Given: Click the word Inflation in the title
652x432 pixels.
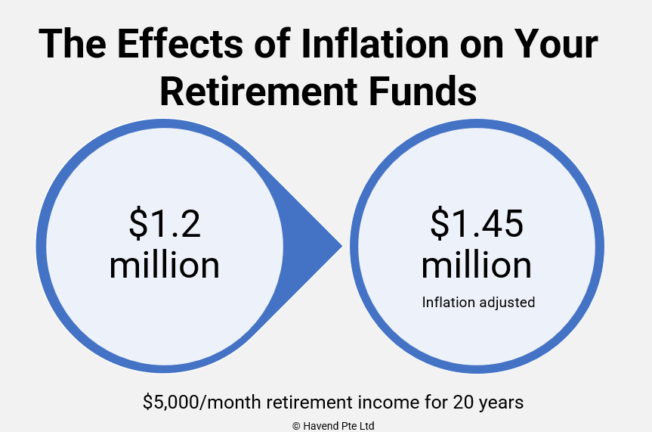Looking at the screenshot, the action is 374,43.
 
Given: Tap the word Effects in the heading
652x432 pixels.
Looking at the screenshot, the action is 180,43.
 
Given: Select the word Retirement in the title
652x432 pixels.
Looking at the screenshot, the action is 258,92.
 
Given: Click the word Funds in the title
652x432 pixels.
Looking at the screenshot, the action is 422,92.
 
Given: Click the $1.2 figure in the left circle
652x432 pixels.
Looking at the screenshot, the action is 165,224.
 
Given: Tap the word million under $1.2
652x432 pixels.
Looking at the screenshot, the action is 164,265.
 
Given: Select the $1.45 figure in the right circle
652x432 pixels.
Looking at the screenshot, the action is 477,224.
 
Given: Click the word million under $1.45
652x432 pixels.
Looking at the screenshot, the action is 477,265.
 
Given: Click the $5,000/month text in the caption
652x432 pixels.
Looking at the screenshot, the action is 202,402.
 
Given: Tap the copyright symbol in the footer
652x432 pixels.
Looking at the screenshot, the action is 296,426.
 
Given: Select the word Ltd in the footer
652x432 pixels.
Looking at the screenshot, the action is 366,426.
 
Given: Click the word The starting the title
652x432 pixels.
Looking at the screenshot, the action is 73,43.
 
